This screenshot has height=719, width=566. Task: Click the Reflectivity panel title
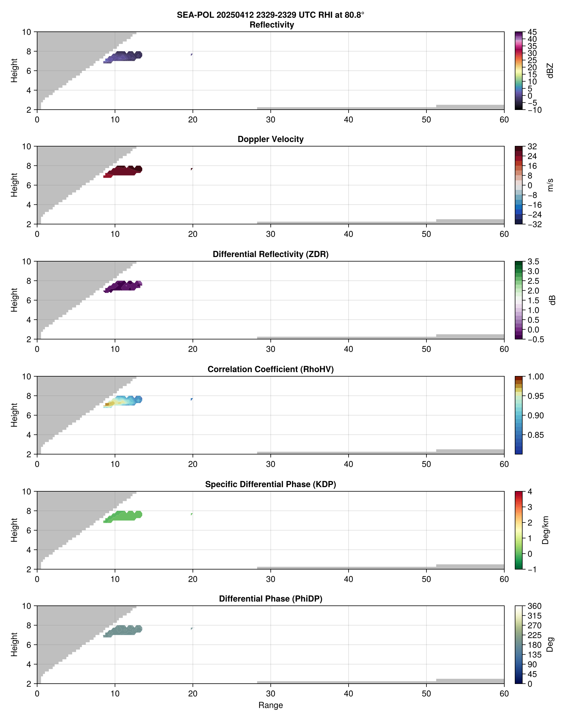pyautogui.click(x=271, y=25)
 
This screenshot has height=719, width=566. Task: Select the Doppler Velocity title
pyautogui.click(x=270, y=139)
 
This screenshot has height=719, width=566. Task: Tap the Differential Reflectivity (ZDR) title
pyautogui.click(x=270, y=254)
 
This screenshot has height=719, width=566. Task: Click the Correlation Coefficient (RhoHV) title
pyautogui.click(x=270, y=369)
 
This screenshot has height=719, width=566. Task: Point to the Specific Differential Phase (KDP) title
pyautogui.click(x=270, y=484)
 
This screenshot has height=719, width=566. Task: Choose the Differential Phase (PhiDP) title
pyautogui.click(x=270, y=599)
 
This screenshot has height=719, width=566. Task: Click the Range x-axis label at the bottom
pyautogui.click(x=270, y=705)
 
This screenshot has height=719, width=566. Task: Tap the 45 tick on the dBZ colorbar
pyautogui.click(x=532, y=32)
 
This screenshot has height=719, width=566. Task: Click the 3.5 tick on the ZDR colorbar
pyautogui.click(x=533, y=262)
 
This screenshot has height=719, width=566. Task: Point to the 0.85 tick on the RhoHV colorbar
pyautogui.click(x=535, y=435)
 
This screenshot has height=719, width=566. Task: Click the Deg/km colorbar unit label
pyautogui.click(x=545, y=530)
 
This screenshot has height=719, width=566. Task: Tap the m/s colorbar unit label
pyautogui.click(x=550, y=185)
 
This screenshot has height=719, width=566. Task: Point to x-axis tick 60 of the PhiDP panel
pyautogui.click(x=504, y=694)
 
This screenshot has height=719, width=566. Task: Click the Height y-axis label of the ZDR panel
pyautogui.click(x=14, y=300)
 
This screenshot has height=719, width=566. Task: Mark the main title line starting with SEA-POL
pyautogui.click(x=270, y=15)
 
